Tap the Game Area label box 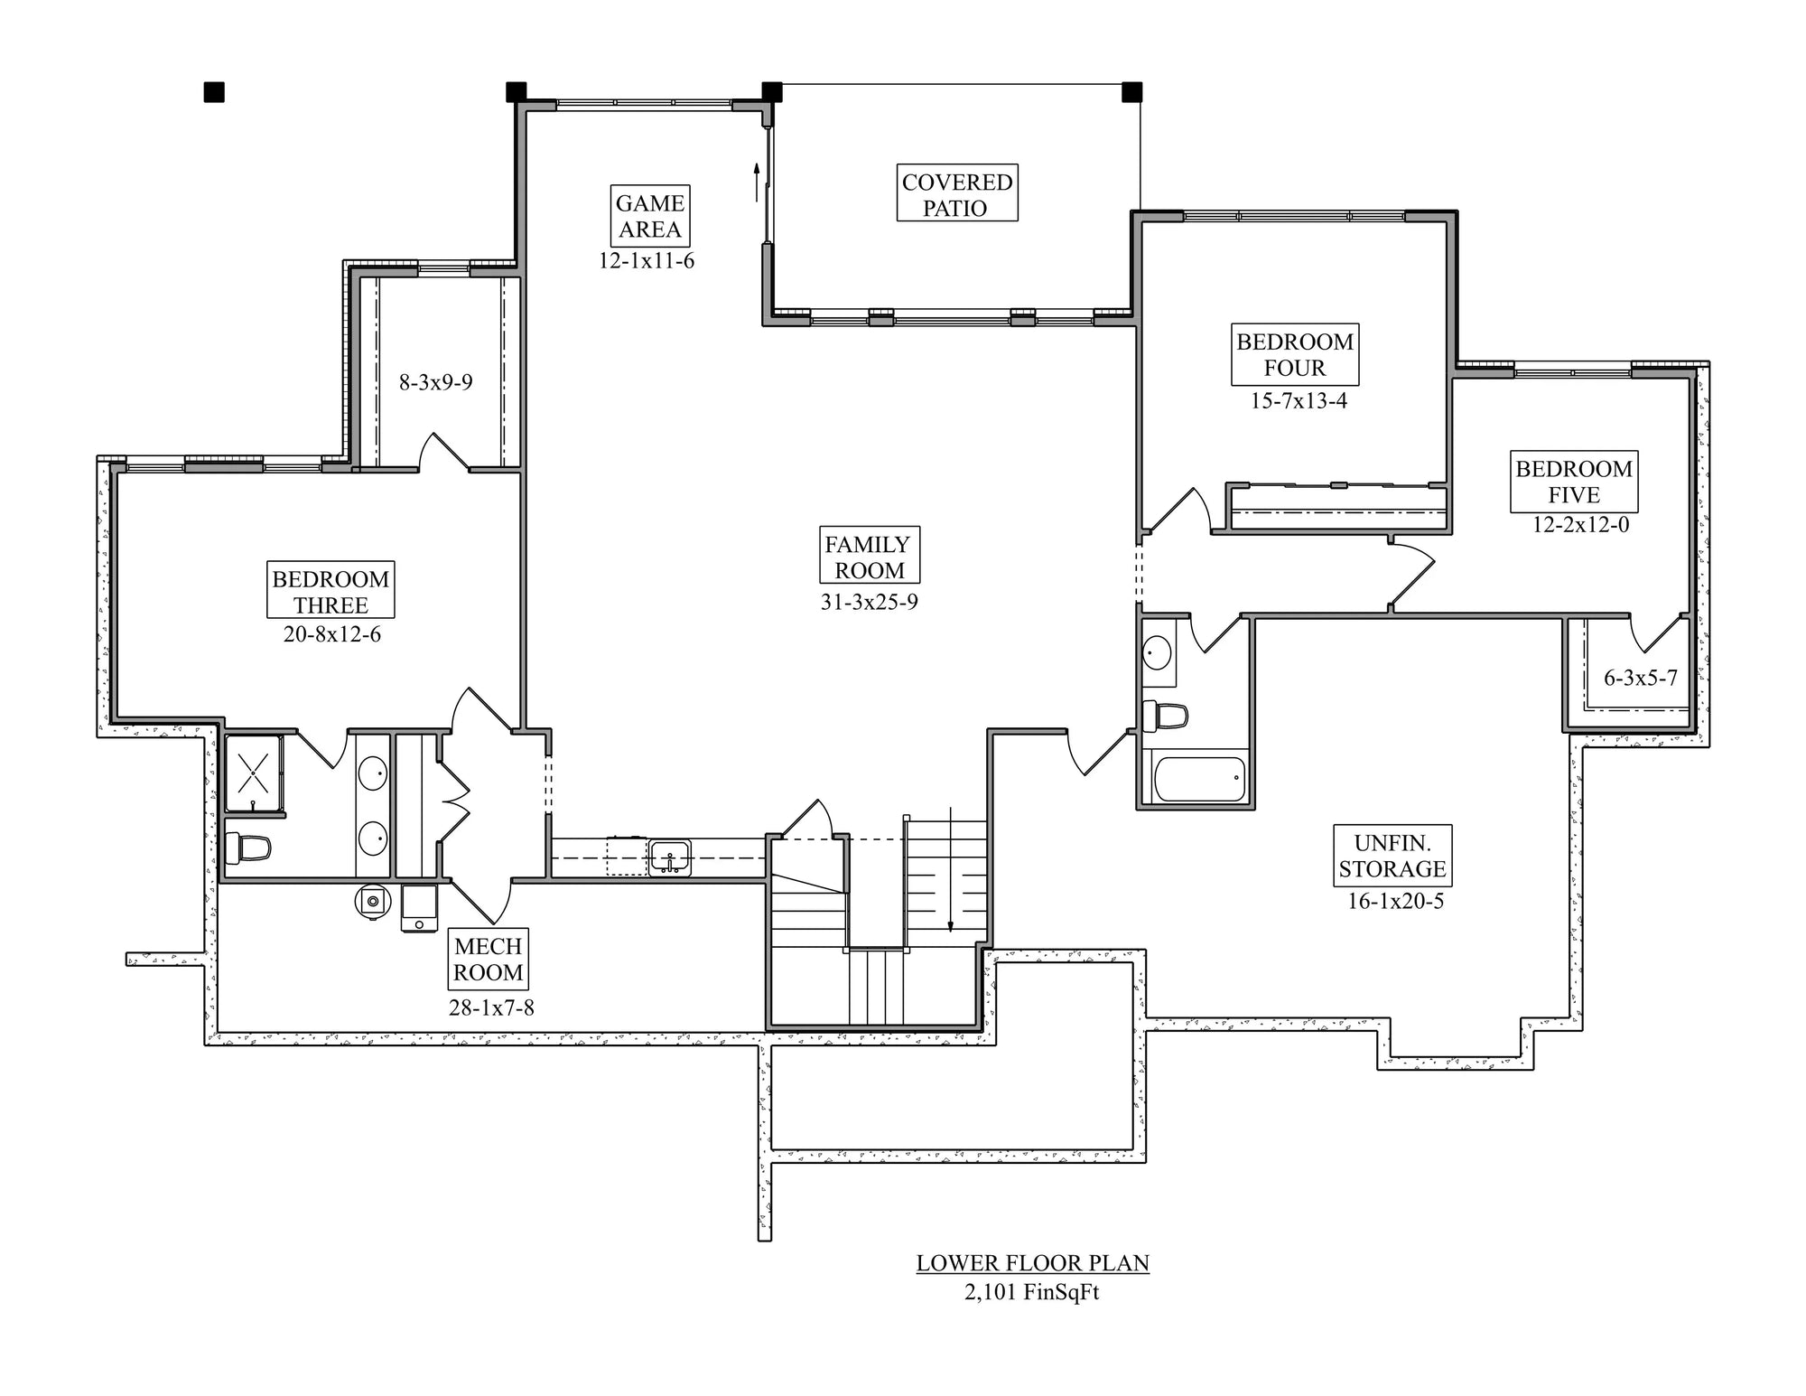click(x=650, y=216)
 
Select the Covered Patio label click(x=956, y=193)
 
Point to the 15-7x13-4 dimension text click(x=1299, y=400)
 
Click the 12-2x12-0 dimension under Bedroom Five click(x=1580, y=525)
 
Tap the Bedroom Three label click(x=330, y=591)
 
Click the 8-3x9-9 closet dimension click(x=436, y=382)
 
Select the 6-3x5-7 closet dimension click(x=1640, y=678)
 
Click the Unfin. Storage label click(x=1392, y=856)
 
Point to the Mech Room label click(x=488, y=959)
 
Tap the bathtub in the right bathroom click(x=1199, y=779)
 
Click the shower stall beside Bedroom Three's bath click(x=254, y=773)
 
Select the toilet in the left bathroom click(x=248, y=848)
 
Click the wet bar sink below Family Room click(x=669, y=857)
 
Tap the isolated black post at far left click(x=214, y=92)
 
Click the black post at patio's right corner click(x=1131, y=92)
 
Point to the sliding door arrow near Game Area click(x=757, y=181)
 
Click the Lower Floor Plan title click(x=1032, y=1263)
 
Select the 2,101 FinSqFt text click(x=1031, y=1292)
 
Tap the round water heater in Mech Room click(x=372, y=902)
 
